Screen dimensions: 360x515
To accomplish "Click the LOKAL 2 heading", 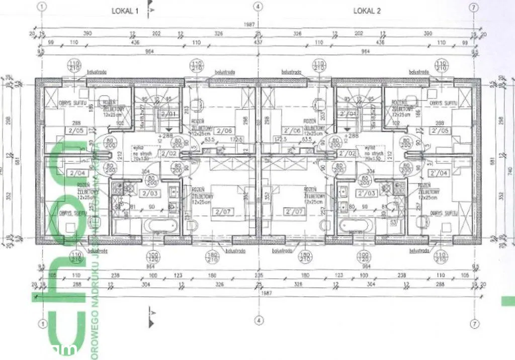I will [x=367, y=11].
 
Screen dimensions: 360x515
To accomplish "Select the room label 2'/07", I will [x=293, y=211].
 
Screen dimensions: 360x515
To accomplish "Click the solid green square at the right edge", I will [x=508, y=301].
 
